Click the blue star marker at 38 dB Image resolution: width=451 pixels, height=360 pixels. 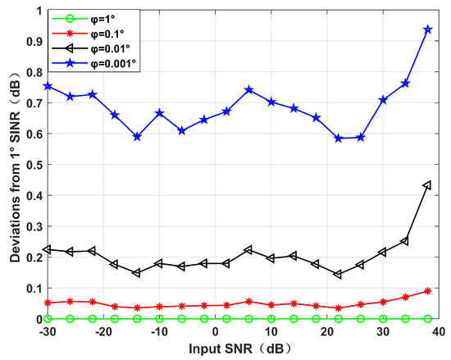coord(427,30)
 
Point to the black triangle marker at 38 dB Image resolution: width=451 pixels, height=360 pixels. coord(427,186)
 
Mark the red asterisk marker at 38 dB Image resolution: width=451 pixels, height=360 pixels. coord(427,291)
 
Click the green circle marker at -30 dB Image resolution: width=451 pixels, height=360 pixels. coord(48,318)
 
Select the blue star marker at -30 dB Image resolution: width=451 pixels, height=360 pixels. coord(48,85)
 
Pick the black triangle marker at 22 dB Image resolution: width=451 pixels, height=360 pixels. coord(338,274)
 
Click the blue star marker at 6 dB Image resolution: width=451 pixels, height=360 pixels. coord(248,89)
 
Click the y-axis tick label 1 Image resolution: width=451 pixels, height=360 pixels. coord(35,11)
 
